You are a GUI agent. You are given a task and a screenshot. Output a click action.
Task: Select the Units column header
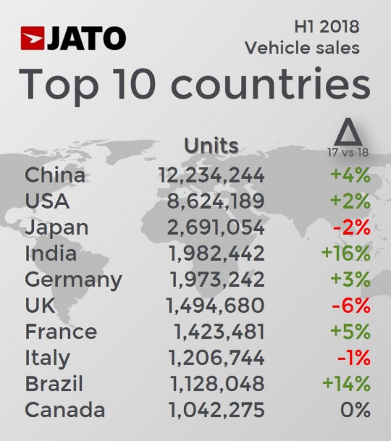[211, 145]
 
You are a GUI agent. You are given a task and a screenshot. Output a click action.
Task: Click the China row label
[55, 175]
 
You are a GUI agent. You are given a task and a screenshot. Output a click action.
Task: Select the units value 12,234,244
[211, 175]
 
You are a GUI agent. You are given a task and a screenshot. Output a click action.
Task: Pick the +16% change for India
[347, 253]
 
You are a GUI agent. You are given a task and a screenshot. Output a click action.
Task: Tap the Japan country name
[56, 227]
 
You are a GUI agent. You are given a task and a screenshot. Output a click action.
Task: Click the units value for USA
[216, 201]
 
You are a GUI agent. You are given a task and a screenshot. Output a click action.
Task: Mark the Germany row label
[73, 280]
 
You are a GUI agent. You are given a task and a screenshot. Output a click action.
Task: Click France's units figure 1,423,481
[219, 332]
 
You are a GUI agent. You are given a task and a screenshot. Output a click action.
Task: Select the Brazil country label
[54, 384]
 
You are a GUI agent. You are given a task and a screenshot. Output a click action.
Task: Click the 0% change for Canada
[355, 410]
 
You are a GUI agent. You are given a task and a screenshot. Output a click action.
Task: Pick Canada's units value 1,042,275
[216, 410]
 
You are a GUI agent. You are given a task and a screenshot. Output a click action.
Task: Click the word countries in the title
[272, 85]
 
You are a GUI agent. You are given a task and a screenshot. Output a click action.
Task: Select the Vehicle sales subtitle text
[302, 48]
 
